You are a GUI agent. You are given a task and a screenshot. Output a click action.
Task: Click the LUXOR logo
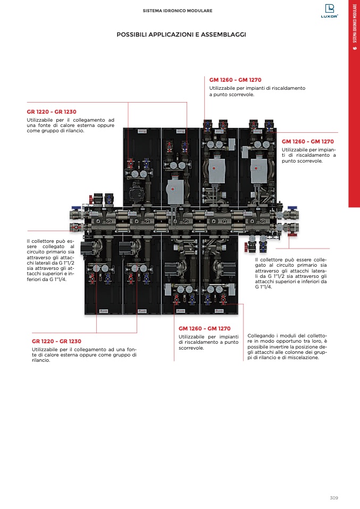click(x=330, y=11)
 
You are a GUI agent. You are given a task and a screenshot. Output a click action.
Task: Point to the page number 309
click(x=334, y=498)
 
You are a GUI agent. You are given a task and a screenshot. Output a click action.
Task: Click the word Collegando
click(x=261, y=336)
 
